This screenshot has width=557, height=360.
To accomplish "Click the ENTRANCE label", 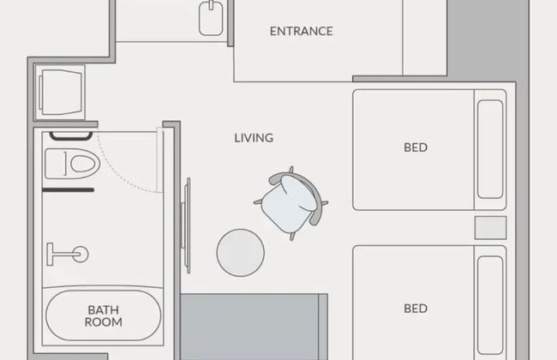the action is [302, 31].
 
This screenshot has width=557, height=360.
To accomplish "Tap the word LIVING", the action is [254, 138].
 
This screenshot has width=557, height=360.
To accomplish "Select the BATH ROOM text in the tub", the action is [103, 316].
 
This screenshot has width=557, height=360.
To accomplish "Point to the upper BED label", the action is [416, 147].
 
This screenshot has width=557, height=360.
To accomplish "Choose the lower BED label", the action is [416, 309].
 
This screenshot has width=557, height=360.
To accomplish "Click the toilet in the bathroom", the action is [73, 164].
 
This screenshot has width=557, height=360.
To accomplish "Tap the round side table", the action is [241, 253].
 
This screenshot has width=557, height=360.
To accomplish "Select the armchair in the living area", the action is [291, 203].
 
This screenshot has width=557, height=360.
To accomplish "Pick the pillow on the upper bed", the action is [490, 149].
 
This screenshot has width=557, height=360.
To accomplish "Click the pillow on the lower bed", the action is [490, 306].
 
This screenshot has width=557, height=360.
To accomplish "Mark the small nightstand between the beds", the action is [490, 228].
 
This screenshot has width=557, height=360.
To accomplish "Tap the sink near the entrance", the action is [211, 18].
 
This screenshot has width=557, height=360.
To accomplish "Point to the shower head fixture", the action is [68, 254].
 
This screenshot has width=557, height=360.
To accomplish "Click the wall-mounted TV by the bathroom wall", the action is [186, 225].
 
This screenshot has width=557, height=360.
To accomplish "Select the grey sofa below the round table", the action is [254, 327].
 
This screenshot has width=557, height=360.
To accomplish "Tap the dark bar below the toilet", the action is [69, 190].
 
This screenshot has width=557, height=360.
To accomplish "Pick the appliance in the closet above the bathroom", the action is [60, 93].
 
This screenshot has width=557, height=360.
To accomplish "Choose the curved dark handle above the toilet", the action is [71, 136].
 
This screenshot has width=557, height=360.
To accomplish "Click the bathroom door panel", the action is [160, 160].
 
